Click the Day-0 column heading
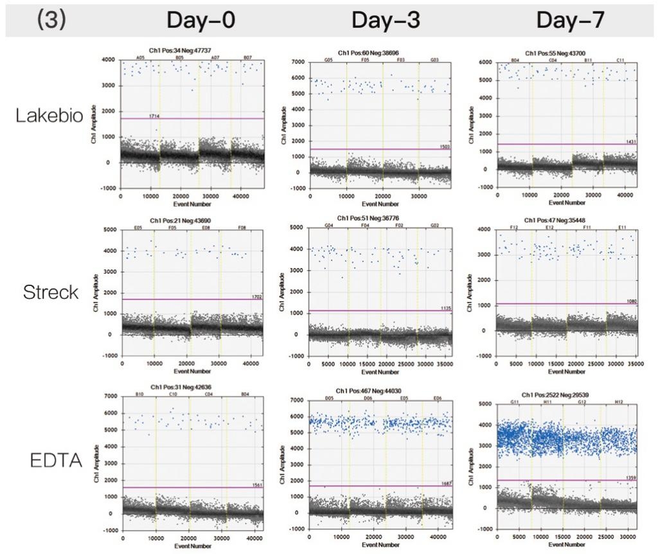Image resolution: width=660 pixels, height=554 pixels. click(201, 21)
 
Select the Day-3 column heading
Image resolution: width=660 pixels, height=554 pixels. click(385, 21)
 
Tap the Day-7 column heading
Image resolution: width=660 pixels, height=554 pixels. click(570, 21)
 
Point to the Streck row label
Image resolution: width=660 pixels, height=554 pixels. click(51, 293)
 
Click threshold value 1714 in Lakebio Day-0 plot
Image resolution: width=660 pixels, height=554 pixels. click(154, 116)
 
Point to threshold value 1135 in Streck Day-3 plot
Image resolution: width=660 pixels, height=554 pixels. click(445, 308)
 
